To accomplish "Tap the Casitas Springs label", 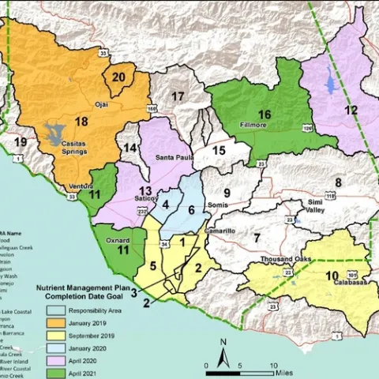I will click(81, 148).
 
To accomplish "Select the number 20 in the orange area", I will click(118, 77).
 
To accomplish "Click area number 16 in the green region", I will click(265, 114).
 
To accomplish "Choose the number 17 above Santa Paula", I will click(178, 96).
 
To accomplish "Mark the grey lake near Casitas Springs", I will click(55, 137).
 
